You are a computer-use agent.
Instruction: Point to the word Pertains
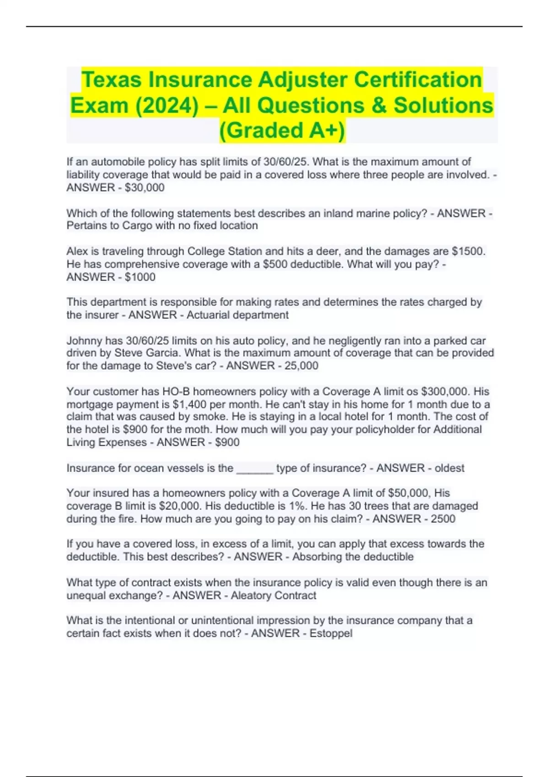pos(86,225)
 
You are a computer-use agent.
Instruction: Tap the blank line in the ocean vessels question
pos(254,468)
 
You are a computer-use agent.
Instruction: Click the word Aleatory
pos(251,596)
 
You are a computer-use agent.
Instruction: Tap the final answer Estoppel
pos(331,633)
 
